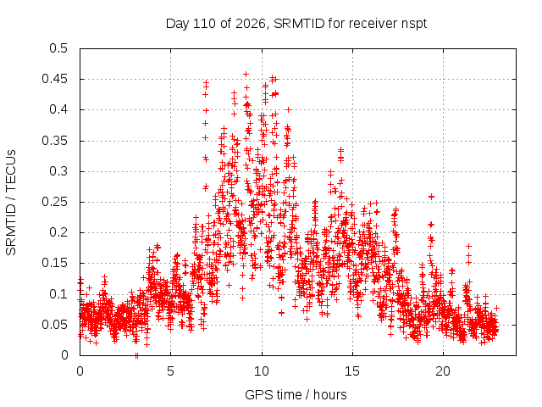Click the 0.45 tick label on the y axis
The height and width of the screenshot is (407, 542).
[x=54, y=79]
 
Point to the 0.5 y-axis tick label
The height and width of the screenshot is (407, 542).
[x=58, y=48]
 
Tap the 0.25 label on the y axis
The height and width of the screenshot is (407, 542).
[x=54, y=202]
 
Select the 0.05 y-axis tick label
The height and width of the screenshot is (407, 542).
[x=54, y=325]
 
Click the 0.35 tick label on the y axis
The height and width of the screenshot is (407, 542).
[x=54, y=141]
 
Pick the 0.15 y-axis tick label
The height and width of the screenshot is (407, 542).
[x=54, y=263]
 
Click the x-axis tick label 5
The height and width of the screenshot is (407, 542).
[x=171, y=371]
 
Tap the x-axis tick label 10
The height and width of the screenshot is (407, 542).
[x=262, y=371]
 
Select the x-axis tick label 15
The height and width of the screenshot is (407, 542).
[x=352, y=371]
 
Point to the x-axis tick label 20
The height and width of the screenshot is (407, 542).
[x=443, y=371]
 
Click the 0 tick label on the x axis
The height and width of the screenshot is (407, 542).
[x=80, y=371]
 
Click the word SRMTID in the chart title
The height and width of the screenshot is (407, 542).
[x=299, y=24]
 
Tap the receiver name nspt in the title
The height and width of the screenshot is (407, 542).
[x=414, y=25]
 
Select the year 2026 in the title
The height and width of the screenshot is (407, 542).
[x=251, y=24]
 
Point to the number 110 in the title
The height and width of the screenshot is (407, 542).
[x=204, y=24]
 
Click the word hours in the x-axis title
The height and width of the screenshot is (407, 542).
[x=330, y=394]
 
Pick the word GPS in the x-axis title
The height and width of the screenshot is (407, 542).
[x=257, y=394]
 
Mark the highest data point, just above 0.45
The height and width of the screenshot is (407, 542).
[x=246, y=74]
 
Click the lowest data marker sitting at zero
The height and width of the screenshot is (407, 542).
[x=136, y=355]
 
